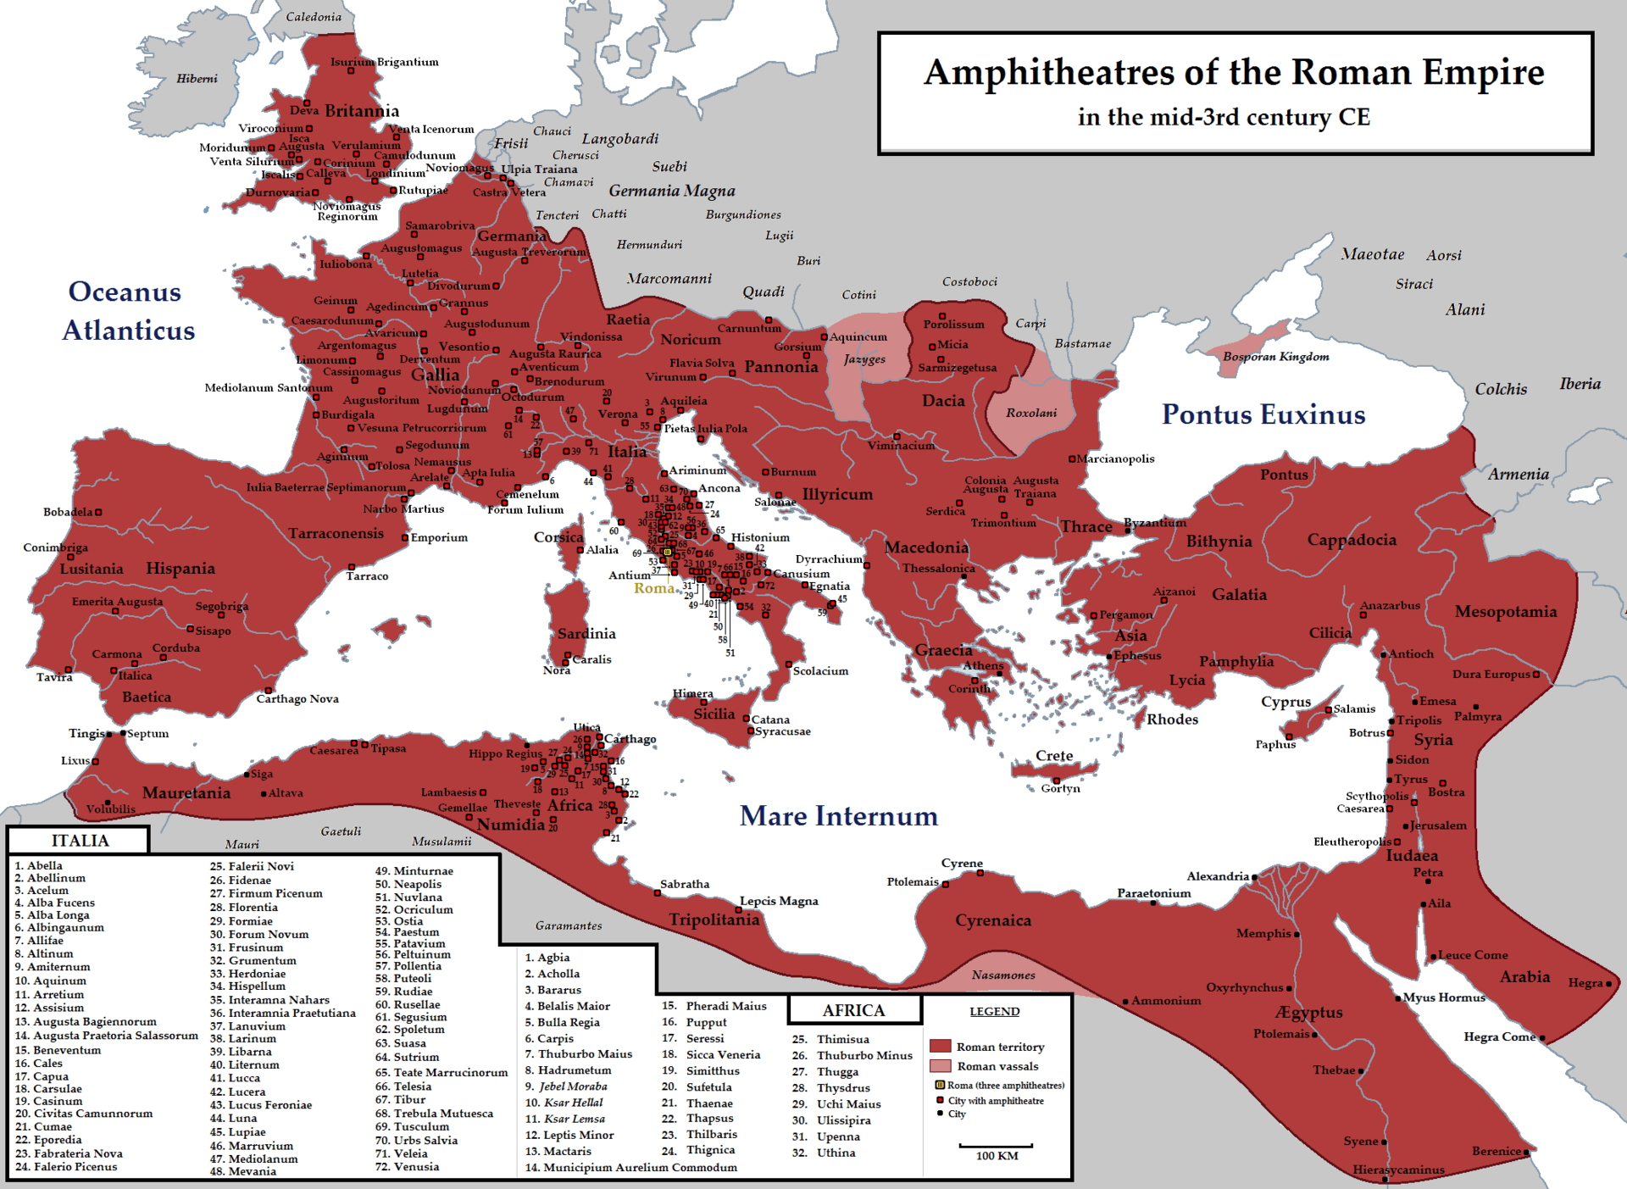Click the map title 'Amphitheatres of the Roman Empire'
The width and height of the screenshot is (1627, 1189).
click(1234, 72)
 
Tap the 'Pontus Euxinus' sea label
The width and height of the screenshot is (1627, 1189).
click(1263, 414)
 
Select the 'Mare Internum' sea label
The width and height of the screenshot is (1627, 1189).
click(838, 815)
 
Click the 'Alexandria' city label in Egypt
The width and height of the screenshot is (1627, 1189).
click(1217, 876)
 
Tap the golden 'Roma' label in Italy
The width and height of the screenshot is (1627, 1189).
click(653, 588)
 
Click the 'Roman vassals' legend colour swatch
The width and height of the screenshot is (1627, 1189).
click(940, 1066)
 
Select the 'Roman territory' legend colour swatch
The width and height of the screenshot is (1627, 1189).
click(940, 1046)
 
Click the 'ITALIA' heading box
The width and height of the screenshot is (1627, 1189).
click(80, 841)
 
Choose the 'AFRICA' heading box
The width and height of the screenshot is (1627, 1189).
click(853, 1010)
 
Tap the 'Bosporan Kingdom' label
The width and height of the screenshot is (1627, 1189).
click(1275, 357)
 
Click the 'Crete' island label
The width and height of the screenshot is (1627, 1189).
click(1053, 756)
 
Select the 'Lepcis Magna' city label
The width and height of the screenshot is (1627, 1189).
click(778, 901)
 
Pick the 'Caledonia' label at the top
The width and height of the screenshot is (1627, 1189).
click(314, 17)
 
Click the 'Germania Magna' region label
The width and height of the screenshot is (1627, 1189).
click(671, 191)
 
